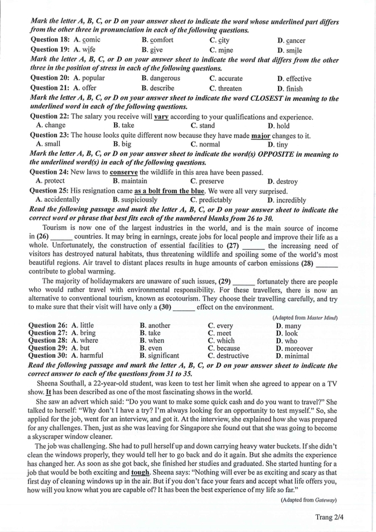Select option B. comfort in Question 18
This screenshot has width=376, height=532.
157,40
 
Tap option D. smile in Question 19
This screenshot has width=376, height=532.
289,50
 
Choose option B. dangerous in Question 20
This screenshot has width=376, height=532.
161,79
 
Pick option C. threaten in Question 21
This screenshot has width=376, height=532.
226,88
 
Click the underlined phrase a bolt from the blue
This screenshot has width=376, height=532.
169,191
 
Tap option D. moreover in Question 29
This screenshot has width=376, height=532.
294,348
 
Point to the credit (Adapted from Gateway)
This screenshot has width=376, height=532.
309,500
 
